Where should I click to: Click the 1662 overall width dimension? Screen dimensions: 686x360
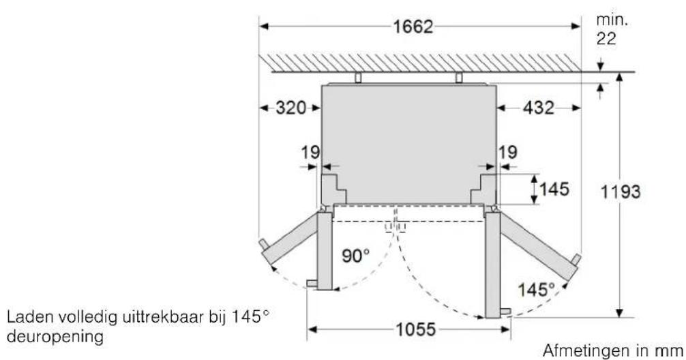[413, 27]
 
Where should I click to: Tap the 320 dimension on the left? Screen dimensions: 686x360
[291, 108]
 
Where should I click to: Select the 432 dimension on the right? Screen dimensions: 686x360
[539, 108]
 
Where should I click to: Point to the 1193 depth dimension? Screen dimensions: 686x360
[621, 192]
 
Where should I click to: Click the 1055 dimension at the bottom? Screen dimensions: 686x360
[416, 329]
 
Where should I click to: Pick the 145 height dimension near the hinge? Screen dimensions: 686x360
[554, 189]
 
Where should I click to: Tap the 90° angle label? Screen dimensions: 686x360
[356, 256]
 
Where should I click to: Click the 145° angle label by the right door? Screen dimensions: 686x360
[536, 290]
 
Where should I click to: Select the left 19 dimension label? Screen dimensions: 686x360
[310, 153]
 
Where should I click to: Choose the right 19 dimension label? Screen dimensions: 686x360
[508, 153]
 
